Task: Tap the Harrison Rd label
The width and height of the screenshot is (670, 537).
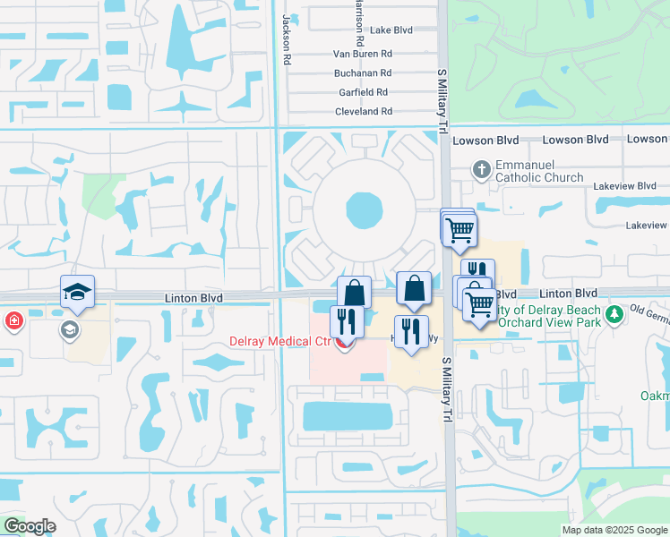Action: pos(359,23)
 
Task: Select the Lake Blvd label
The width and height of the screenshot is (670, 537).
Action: pos(391,30)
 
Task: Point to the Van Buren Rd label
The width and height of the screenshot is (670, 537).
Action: pos(363,54)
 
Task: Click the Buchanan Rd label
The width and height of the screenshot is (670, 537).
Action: pos(363,72)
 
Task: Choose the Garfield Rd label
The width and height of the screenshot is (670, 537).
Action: pos(363,92)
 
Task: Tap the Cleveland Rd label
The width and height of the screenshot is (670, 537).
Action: pos(363,112)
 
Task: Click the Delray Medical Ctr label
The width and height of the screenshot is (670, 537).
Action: pos(279,340)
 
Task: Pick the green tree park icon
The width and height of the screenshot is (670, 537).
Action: pos(614,314)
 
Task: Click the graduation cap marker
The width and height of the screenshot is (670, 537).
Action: pos(77,292)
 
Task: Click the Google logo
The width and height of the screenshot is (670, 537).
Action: pos(29,526)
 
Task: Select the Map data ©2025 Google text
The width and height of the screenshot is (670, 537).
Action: pos(614,530)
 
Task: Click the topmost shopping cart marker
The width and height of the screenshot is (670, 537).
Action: pos(459,227)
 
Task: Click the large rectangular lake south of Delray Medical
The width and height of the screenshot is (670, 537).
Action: pos(348,415)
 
